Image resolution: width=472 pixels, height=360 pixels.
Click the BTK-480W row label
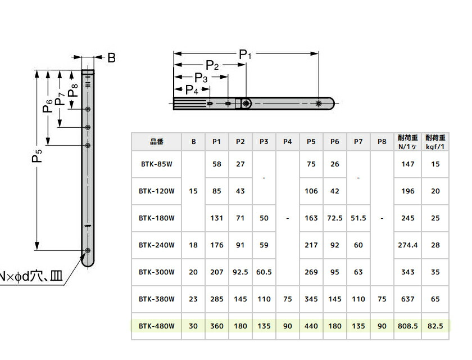[157, 326]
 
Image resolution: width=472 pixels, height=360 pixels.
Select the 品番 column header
[157, 142]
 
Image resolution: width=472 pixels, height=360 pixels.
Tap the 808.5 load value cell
[407, 326]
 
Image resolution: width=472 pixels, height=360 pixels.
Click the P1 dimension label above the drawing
[246, 55]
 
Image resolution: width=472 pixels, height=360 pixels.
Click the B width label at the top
[111, 57]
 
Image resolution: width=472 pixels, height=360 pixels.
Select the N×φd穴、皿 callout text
[31, 277]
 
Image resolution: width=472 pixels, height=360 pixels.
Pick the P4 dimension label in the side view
[192, 90]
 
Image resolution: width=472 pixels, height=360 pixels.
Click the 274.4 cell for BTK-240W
[407, 245]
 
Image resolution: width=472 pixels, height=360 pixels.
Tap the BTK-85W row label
[157, 164]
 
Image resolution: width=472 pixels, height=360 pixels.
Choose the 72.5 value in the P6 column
[335, 218]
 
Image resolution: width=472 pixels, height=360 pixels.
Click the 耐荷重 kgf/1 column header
[435, 142]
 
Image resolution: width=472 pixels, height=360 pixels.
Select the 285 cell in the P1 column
[217, 299]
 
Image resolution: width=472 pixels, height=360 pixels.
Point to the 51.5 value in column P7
[358, 218]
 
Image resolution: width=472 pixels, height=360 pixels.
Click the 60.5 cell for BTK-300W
[264, 272]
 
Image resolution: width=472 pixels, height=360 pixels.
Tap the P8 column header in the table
[382, 142]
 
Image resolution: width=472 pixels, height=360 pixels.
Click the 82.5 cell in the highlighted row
[435, 326]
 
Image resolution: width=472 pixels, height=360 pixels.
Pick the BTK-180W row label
[157, 218]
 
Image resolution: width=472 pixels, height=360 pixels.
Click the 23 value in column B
[193, 299]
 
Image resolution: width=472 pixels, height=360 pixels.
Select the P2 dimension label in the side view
[212, 65]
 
